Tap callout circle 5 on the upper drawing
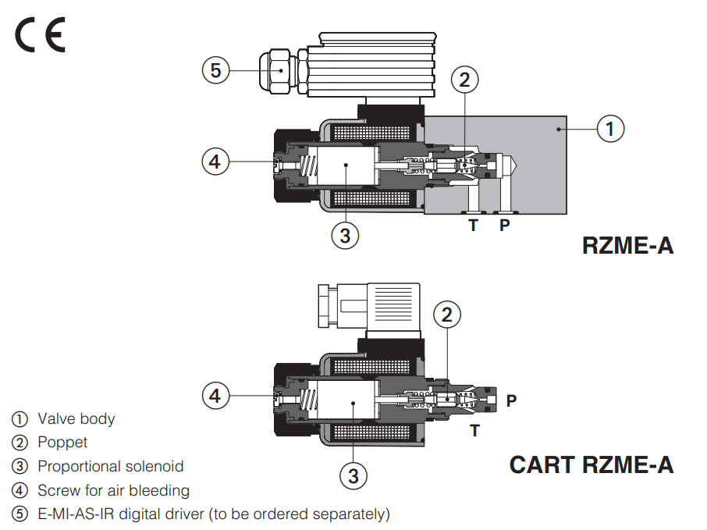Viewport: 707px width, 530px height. (x=216, y=70)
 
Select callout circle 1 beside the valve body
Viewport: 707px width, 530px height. (x=610, y=127)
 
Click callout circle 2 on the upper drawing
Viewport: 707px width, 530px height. (x=464, y=79)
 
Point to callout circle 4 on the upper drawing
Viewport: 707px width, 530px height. (x=216, y=162)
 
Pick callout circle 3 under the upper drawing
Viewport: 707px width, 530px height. (x=346, y=234)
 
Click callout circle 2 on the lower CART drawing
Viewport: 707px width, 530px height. (x=446, y=315)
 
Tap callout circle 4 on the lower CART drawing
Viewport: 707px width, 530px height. (x=216, y=396)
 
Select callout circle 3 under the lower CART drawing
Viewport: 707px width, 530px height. (x=353, y=475)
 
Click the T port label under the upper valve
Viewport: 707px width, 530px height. (x=473, y=226)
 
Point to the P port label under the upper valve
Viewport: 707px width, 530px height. (x=505, y=226)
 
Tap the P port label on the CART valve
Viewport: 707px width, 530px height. (x=511, y=400)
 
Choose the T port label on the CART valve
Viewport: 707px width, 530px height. (x=474, y=430)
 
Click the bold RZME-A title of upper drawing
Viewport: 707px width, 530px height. (x=627, y=246)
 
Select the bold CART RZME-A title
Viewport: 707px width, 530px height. (x=591, y=465)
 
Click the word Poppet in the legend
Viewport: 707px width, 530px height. (x=62, y=443)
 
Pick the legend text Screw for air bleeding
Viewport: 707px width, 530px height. (x=113, y=490)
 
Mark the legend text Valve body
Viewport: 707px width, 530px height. (x=76, y=419)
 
